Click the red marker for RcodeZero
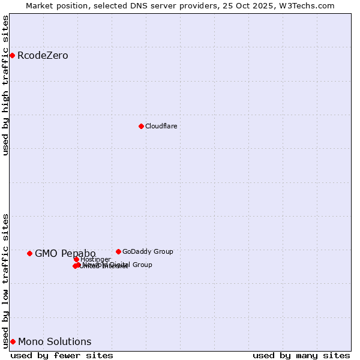(x=12, y=56)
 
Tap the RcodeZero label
(x=43, y=56)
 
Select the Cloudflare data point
(x=141, y=126)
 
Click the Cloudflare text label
(x=161, y=126)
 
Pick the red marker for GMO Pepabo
(x=29, y=253)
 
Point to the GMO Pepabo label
(x=65, y=253)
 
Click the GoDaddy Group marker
(x=118, y=251)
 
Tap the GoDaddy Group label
(x=148, y=251)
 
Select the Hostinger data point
(x=76, y=259)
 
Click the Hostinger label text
(x=95, y=259)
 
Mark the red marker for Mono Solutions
(x=13, y=341)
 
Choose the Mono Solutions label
(x=55, y=341)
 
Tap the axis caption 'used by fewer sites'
(x=62, y=355)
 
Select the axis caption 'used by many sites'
(x=301, y=355)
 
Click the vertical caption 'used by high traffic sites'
(x=5, y=85)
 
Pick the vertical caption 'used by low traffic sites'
(x=5, y=280)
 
